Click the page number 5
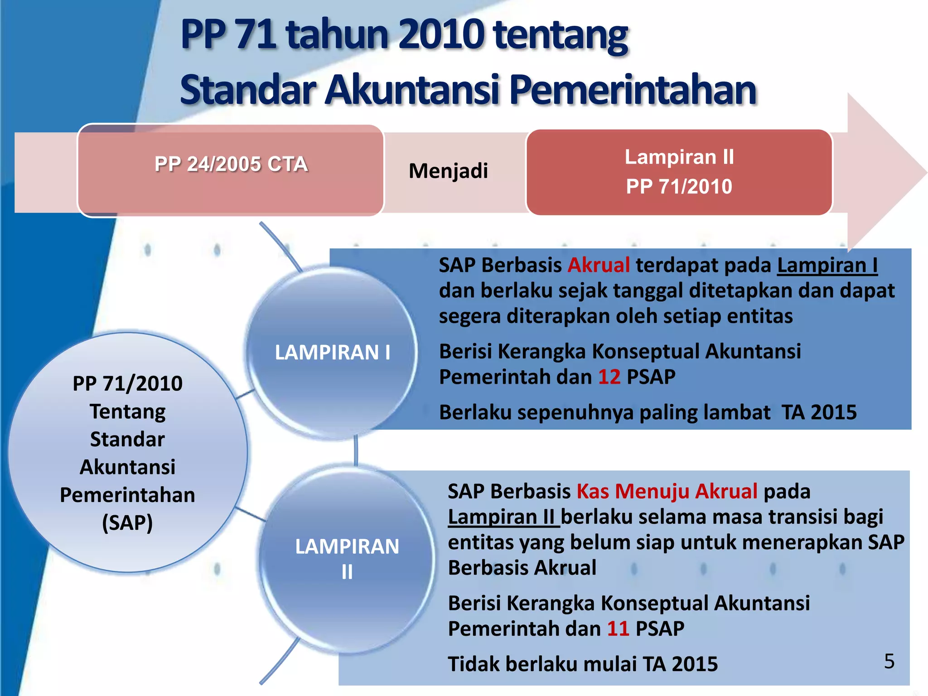point(889,661)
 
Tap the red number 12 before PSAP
point(609,377)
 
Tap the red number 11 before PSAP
point(618,629)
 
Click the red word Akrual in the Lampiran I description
point(599,265)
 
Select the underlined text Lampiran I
point(827,265)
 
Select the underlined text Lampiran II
point(503,517)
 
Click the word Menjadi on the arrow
point(448,171)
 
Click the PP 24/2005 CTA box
point(231,170)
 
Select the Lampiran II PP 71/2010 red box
point(679,172)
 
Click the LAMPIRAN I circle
point(332,353)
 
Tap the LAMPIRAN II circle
point(347,559)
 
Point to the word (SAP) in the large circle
point(127,522)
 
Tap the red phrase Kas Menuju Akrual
point(667,491)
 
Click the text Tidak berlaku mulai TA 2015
point(583,664)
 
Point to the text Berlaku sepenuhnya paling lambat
point(604,413)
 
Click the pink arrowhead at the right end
point(884,172)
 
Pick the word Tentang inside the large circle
point(127,411)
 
